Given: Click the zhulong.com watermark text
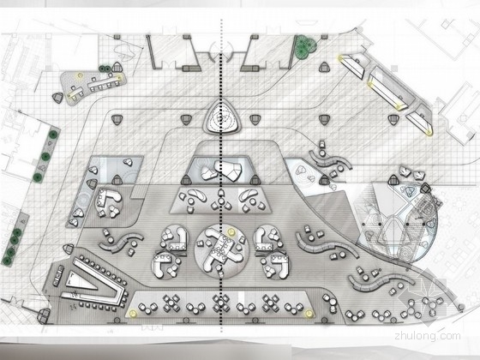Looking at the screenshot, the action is pyautogui.click(x=428, y=335).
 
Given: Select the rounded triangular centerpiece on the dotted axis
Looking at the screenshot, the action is pyautogui.click(x=221, y=117).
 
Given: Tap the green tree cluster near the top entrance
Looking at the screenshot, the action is pyautogui.click(x=305, y=45).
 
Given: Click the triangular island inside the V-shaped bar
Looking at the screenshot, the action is pyautogui.click(x=80, y=280).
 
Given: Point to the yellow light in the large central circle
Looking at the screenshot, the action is pyautogui.click(x=231, y=231).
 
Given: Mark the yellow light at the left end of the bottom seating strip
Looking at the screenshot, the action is pyautogui.click(x=133, y=314).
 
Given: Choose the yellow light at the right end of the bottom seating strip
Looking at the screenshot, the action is pyautogui.click(x=309, y=314).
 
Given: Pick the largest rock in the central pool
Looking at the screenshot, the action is pyautogui.click(x=228, y=170).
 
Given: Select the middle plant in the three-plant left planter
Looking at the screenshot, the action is pyautogui.click(x=45, y=157).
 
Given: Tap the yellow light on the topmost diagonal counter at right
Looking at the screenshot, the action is pyautogui.click(x=339, y=57).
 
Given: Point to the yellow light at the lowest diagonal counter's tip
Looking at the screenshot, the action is pyautogui.click(x=429, y=132).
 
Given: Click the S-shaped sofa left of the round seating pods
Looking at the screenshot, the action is pyautogui.click(x=121, y=242).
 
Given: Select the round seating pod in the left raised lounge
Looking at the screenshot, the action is pyautogui.click(x=109, y=202).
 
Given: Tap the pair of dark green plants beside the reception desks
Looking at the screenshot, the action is pyautogui.click(x=105, y=69).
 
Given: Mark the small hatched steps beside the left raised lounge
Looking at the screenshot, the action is pyautogui.click(x=138, y=192).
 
